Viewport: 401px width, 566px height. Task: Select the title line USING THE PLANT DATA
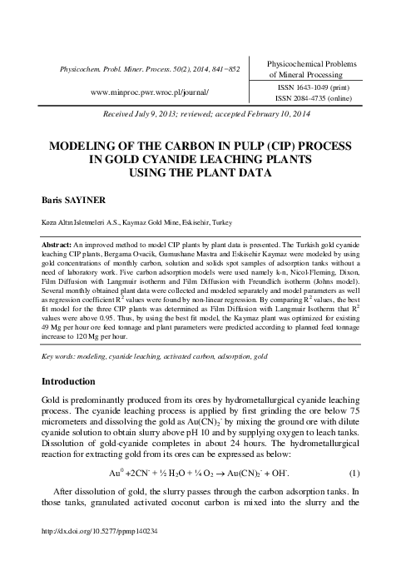tap(200, 172)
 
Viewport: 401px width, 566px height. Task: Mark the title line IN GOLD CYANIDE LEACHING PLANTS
tap(200, 158)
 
